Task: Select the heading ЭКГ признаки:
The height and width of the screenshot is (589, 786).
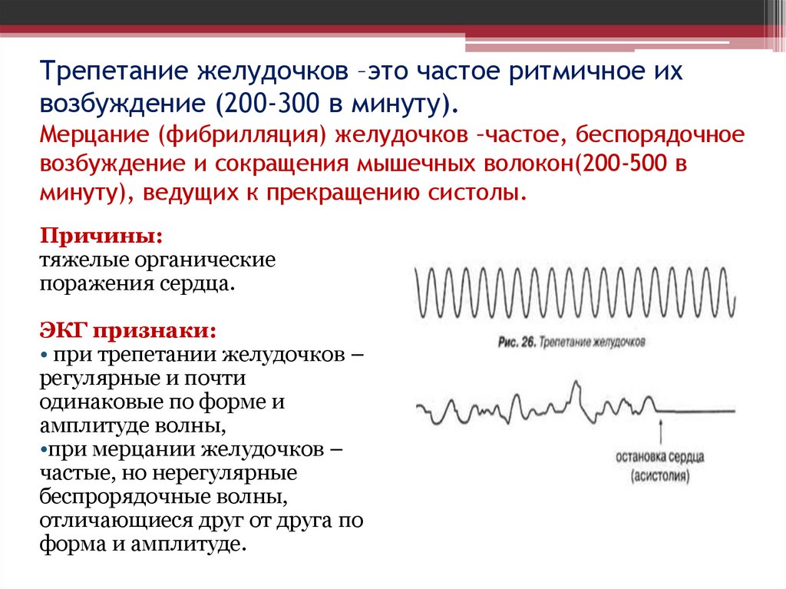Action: (128, 332)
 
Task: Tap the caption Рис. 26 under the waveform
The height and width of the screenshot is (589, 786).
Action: (516, 341)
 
